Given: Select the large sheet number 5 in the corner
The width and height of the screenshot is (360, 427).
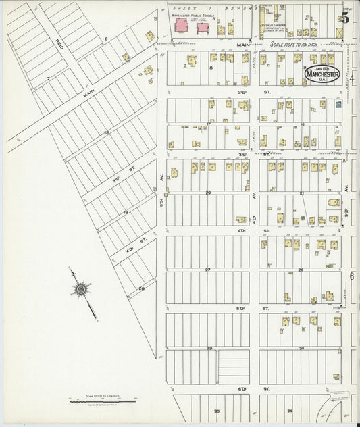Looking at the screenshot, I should tap(345, 18).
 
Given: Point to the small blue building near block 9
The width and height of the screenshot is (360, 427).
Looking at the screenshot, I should tap(339, 105).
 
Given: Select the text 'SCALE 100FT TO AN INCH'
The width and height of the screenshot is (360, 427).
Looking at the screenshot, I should tap(299, 45).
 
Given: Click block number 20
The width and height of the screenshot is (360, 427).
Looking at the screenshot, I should tap(209, 193).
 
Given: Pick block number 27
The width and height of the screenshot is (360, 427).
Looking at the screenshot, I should tap(209, 270).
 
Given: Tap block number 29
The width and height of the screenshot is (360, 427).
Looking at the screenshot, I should tap(209, 348).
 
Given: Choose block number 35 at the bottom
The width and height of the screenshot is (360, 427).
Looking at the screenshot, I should tap(217, 410).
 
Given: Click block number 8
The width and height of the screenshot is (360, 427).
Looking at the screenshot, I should tap(211, 68).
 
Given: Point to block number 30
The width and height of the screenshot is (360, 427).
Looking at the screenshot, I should tap(301, 348).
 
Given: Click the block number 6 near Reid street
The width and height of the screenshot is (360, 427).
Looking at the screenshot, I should tap(106, 39).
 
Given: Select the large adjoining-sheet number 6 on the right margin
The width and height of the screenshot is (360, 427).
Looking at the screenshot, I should tap(352, 277).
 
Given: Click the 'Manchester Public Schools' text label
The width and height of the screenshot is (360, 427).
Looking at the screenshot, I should tap(192, 14).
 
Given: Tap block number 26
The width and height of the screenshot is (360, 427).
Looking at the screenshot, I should tap(301, 270).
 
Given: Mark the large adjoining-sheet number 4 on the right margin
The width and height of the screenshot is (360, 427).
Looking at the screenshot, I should tap(352, 79).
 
